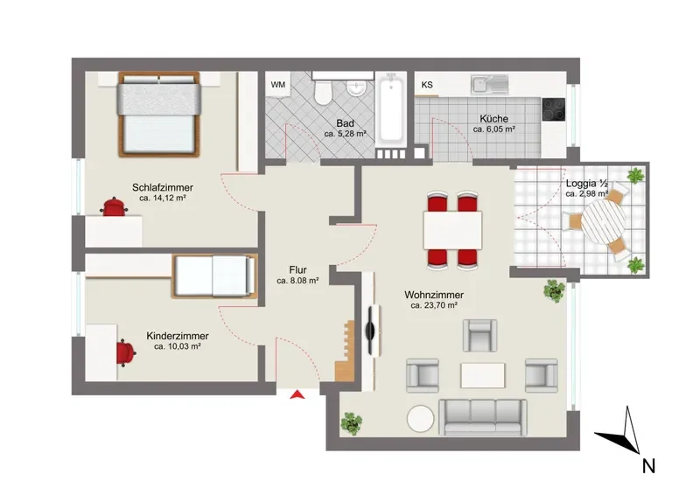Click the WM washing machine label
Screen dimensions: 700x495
point(277,84)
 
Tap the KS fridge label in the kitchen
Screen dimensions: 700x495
point(427,84)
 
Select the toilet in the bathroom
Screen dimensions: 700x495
point(323,90)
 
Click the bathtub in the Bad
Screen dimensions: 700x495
point(390,108)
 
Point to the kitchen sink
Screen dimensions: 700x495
point(490,84)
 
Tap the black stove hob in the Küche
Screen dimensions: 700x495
point(554,109)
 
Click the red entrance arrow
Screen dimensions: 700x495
point(297,394)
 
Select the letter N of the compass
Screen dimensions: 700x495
point(648,466)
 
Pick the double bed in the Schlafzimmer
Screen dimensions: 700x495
point(158,115)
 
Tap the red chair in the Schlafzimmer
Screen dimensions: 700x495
point(115,206)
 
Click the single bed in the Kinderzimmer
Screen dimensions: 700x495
point(214,275)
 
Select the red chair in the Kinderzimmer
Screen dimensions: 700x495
point(126,352)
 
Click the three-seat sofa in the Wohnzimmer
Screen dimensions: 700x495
point(483,417)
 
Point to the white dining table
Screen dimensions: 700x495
point(452,230)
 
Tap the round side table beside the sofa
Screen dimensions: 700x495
point(420,418)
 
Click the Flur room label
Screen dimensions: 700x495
point(297,270)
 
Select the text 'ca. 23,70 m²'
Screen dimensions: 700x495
point(434,306)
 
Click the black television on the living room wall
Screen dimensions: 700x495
point(370,331)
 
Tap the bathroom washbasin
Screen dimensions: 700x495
point(357,88)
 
